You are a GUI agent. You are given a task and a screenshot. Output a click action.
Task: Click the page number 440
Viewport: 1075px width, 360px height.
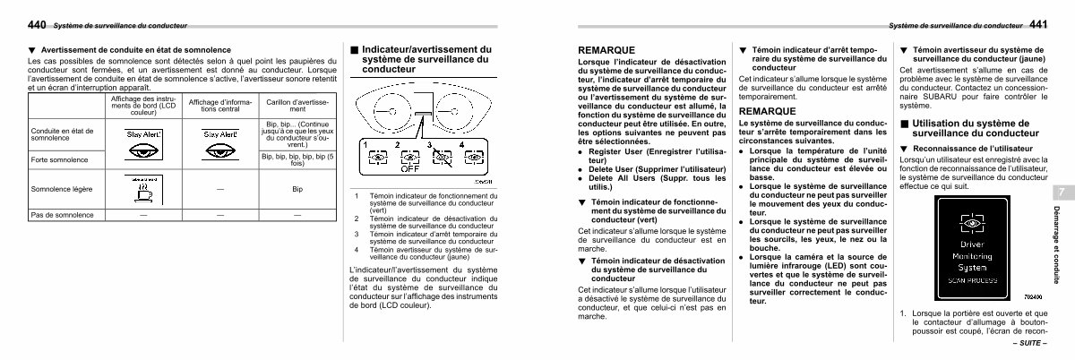36,24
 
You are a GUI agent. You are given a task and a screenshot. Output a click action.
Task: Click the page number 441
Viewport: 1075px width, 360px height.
1039,24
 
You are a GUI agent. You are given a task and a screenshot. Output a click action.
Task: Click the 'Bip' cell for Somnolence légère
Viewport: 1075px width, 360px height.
297,190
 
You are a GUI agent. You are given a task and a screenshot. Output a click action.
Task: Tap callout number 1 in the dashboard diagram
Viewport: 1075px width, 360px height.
365,144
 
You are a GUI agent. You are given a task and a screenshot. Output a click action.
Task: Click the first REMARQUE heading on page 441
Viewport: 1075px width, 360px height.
607,51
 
